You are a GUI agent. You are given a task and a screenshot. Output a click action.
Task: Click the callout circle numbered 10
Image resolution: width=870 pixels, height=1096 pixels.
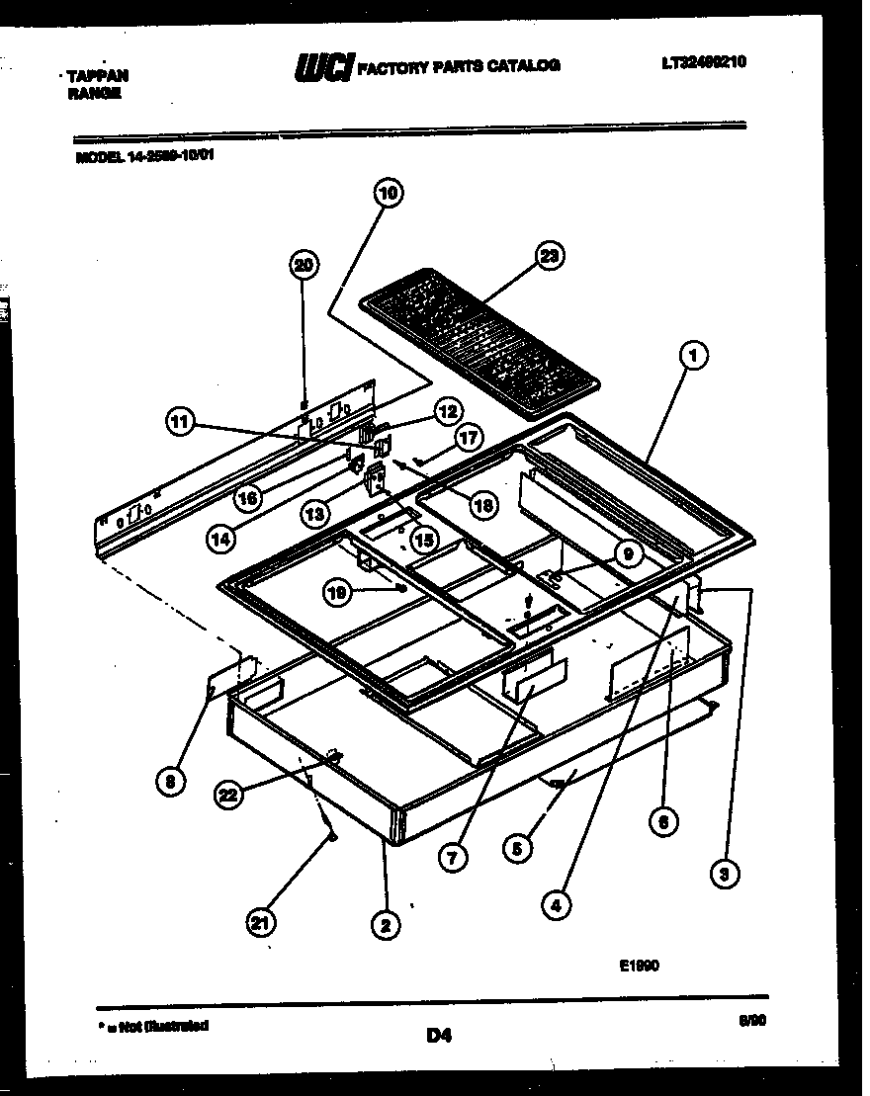coord(388,194)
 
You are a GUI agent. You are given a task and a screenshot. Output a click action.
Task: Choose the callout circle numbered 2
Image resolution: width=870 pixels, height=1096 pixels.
coord(385,924)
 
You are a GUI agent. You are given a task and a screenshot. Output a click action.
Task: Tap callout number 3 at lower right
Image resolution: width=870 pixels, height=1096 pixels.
coord(728,873)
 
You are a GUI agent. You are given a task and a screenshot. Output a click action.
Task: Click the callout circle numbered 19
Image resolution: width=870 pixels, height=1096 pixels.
coord(339,591)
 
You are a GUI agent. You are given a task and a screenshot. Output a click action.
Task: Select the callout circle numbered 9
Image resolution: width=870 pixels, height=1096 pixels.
coord(626,555)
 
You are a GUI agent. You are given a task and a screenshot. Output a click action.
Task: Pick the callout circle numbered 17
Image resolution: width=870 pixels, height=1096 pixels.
coord(468,437)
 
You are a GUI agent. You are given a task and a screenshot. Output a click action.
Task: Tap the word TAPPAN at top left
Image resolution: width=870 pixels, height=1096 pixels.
coord(96,75)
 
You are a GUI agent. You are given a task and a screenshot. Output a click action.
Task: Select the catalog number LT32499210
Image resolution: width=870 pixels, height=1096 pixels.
coord(703,62)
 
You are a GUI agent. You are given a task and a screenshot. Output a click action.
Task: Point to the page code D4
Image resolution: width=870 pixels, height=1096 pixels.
coord(439,1036)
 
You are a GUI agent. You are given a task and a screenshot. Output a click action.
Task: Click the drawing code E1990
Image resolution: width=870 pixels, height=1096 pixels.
coord(639,967)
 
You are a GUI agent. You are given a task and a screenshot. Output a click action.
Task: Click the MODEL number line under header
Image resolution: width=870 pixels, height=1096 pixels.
coord(143,155)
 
